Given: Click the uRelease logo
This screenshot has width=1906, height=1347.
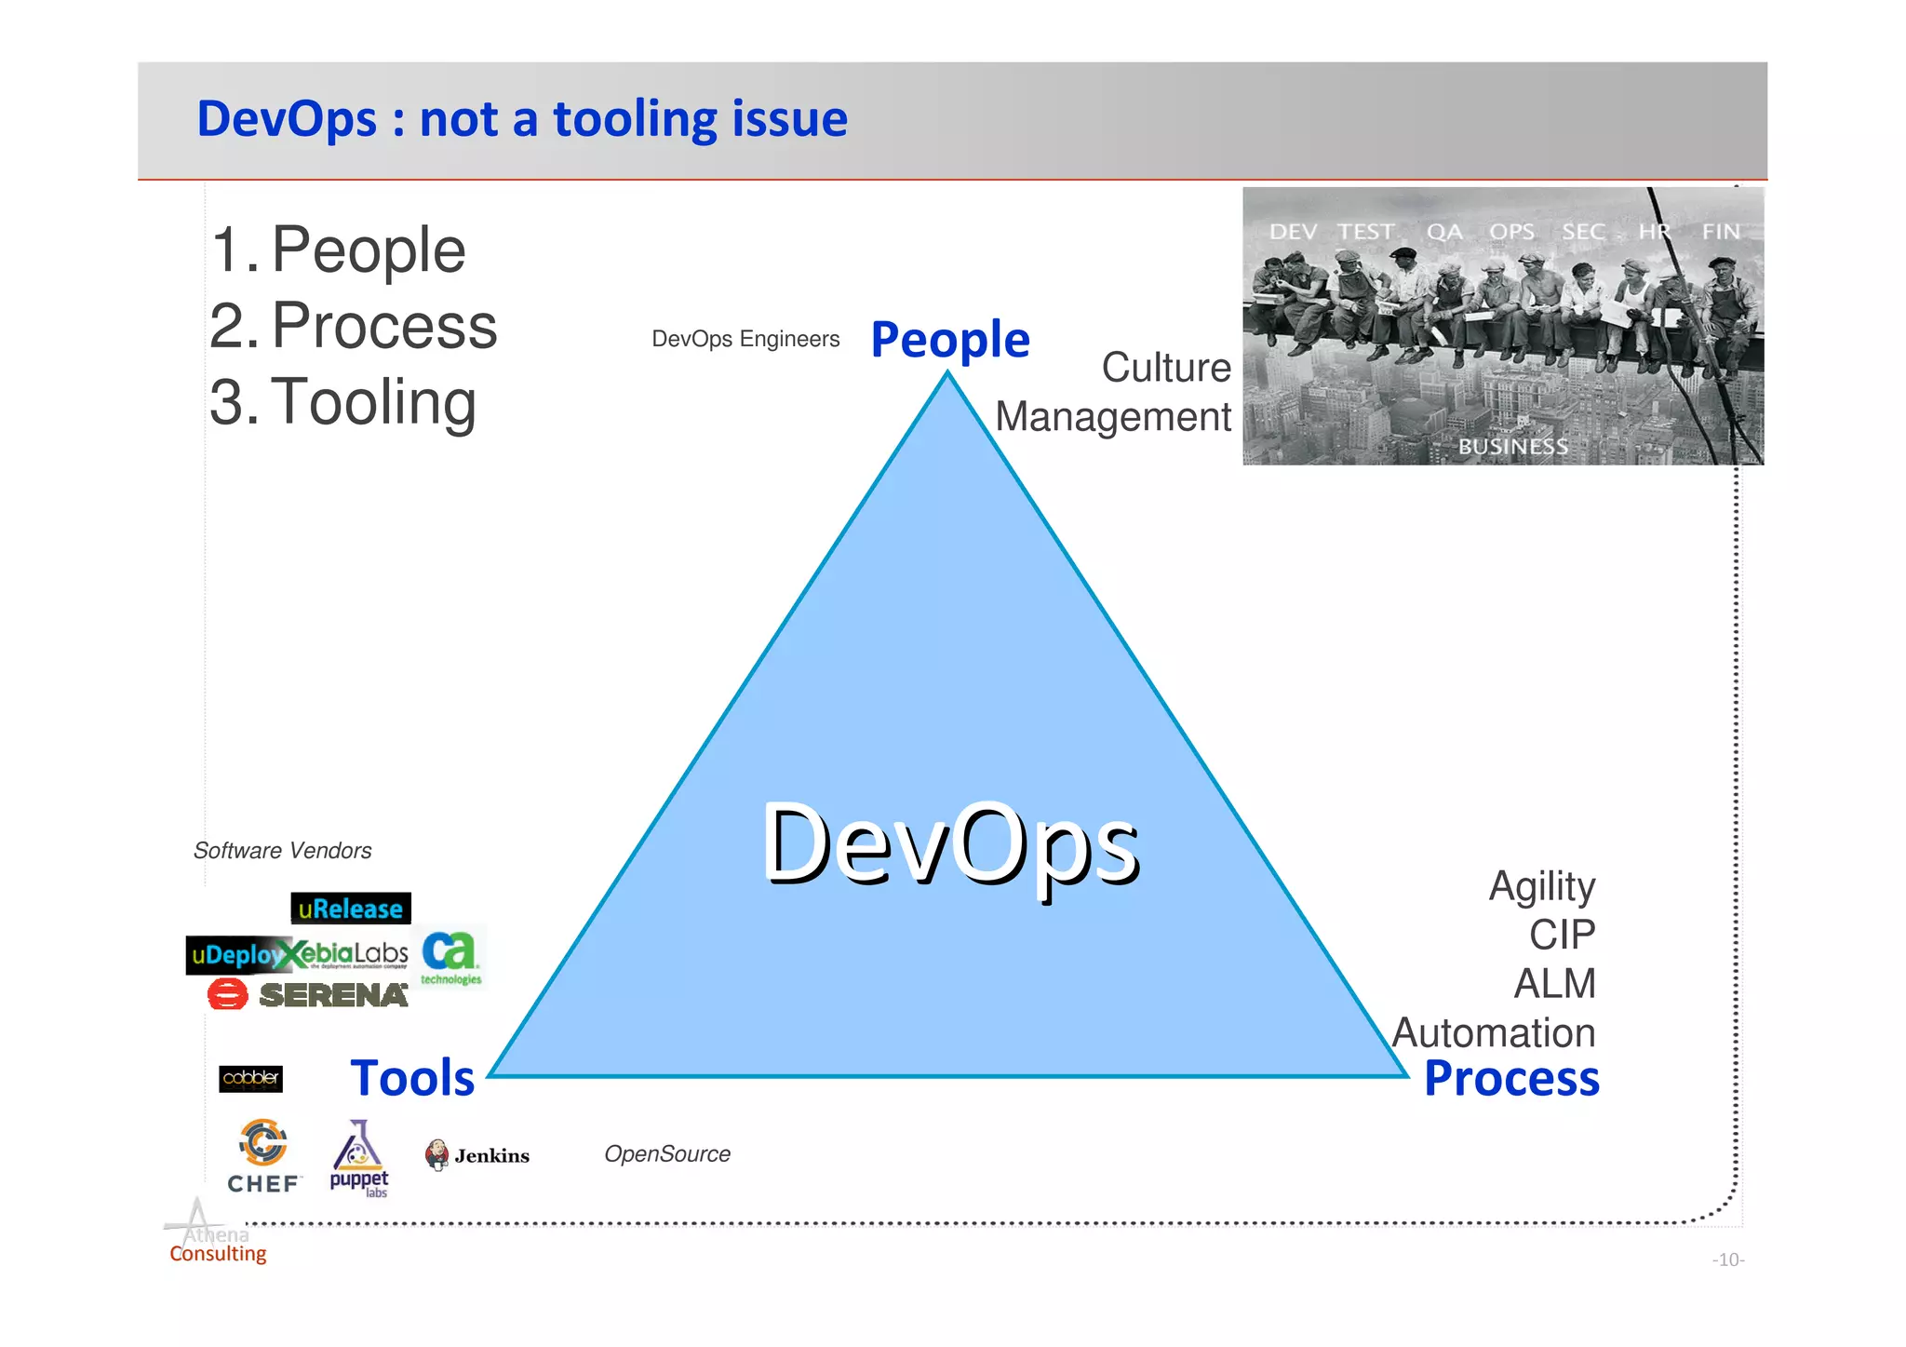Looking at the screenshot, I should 350,909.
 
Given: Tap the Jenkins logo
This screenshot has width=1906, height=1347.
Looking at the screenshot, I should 477,1155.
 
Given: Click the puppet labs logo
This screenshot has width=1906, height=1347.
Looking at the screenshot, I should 359,1160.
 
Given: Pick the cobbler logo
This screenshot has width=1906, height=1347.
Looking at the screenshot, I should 250,1078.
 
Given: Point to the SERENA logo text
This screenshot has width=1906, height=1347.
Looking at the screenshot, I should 333,995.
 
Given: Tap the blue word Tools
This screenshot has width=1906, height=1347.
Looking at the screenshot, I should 412,1078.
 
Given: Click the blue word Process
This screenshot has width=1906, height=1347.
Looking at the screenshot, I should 1511,1078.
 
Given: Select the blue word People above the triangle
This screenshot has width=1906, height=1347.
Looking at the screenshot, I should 949,340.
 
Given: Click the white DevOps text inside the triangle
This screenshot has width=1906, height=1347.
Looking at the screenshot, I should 950,843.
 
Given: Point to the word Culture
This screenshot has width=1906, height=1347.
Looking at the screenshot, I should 1165,368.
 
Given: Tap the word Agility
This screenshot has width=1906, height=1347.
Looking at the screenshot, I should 1541,886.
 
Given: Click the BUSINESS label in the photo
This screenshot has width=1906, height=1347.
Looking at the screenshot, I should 1512,447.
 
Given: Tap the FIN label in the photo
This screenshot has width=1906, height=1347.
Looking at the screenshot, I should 1720,232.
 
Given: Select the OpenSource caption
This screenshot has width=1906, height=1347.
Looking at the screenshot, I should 667,1154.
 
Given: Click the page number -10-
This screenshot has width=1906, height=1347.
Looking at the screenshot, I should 1727,1259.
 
